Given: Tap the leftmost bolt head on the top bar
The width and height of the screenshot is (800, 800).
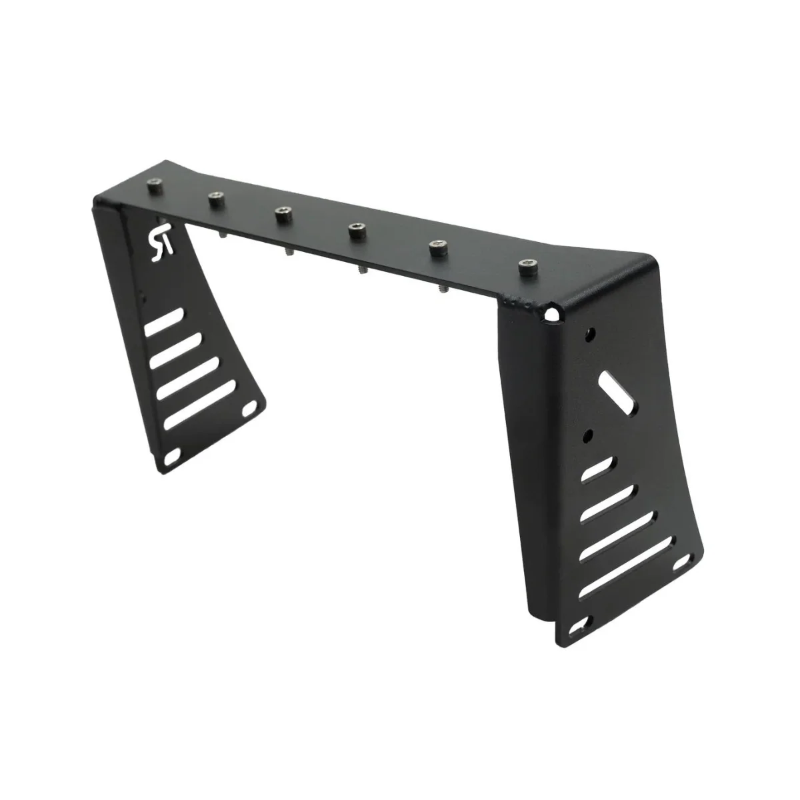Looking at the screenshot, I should click(155, 182).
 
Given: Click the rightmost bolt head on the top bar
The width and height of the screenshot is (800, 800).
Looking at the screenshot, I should click(527, 266).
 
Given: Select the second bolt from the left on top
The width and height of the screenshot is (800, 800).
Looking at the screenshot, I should click(215, 197).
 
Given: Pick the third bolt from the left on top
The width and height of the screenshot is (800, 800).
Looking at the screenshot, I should click(281, 213).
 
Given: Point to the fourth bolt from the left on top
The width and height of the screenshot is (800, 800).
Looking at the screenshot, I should click(355, 230).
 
